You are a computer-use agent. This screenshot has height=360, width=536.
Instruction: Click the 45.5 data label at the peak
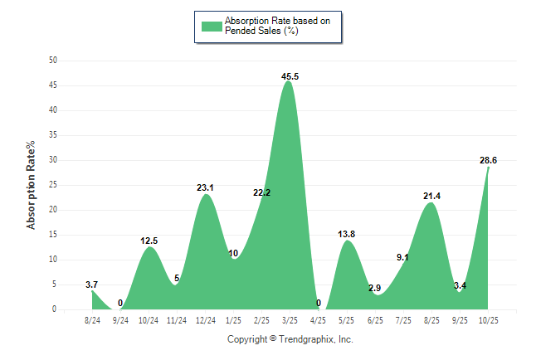[x=290, y=76]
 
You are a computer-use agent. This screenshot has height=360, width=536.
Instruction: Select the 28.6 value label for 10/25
[x=488, y=160]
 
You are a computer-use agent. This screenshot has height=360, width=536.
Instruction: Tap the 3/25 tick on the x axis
[x=290, y=320]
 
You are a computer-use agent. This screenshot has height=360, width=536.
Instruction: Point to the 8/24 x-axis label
[x=92, y=320]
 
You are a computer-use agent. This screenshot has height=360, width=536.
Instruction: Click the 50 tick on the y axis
[x=53, y=61]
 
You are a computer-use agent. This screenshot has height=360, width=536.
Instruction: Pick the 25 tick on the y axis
[x=53, y=185]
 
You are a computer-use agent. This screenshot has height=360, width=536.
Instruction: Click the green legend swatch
[x=212, y=26]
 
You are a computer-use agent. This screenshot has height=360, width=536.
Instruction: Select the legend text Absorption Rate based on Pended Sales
[x=270, y=26]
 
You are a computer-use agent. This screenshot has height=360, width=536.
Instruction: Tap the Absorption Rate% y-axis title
[x=32, y=185]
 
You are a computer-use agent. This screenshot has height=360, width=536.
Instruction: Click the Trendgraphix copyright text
[x=290, y=339]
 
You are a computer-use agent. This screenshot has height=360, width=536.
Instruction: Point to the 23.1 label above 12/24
[x=205, y=187]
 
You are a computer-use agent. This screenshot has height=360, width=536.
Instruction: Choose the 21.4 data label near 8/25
[x=431, y=196]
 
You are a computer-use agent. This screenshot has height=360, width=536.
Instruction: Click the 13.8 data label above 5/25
[x=346, y=234]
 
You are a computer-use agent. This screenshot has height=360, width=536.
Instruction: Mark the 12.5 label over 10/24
[x=149, y=241]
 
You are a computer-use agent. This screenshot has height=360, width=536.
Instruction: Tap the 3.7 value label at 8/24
[x=91, y=285]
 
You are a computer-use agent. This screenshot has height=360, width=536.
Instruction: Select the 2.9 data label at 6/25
[x=375, y=288]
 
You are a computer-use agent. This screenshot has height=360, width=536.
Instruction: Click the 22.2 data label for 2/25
[x=262, y=192]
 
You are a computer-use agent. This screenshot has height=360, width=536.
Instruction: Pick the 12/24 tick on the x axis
[x=205, y=320]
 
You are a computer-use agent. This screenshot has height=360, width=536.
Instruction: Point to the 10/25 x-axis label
[x=488, y=320]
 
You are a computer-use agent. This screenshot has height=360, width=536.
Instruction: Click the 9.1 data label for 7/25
[x=402, y=257]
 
